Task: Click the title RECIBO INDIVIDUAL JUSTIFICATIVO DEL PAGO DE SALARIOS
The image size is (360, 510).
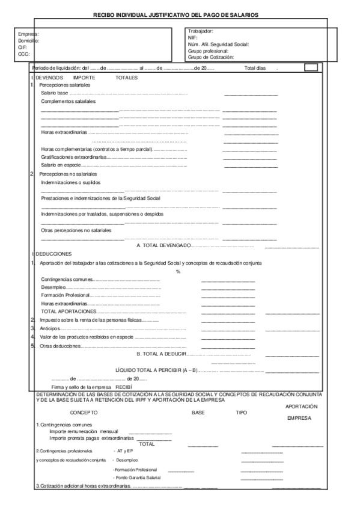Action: click(x=180, y=13)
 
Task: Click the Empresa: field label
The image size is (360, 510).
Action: click(x=29, y=35)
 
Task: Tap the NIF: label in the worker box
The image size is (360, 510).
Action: click(x=193, y=37)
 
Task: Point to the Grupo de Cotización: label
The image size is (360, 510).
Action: click(x=211, y=57)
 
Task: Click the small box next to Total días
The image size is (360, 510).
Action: click(x=311, y=68)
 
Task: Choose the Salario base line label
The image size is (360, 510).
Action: click(x=55, y=94)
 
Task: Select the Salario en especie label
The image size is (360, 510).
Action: click(x=61, y=164)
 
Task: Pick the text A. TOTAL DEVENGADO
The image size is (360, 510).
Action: click(x=164, y=245)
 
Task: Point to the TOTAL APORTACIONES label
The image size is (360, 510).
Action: click(x=69, y=312)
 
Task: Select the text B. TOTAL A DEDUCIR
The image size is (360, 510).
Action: click(x=162, y=354)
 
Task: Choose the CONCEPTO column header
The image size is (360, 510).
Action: click(x=84, y=413)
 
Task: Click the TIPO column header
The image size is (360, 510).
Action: click(x=241, y=413)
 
